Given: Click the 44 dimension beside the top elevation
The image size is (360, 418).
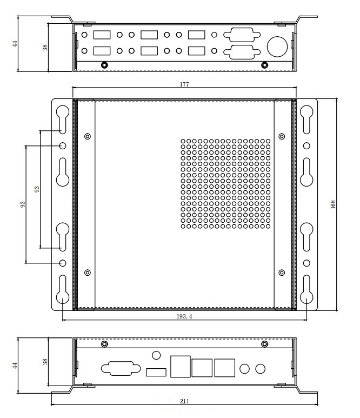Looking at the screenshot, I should (16, 43).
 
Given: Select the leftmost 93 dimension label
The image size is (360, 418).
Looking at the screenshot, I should (22, 205).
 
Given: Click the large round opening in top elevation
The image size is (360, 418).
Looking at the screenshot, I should (277, 46).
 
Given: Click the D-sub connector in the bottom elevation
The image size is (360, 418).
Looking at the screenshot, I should (118, 369).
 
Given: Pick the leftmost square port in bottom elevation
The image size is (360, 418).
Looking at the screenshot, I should (179, 367).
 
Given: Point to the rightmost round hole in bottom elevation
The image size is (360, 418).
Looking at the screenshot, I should (261, 369).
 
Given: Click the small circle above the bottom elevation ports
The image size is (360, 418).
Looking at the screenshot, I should (157, 355).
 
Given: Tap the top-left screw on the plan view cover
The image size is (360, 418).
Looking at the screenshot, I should (88, 136).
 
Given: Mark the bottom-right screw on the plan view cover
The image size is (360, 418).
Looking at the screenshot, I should (281, 272).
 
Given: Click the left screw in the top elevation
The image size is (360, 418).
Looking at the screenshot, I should (104, 65).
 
